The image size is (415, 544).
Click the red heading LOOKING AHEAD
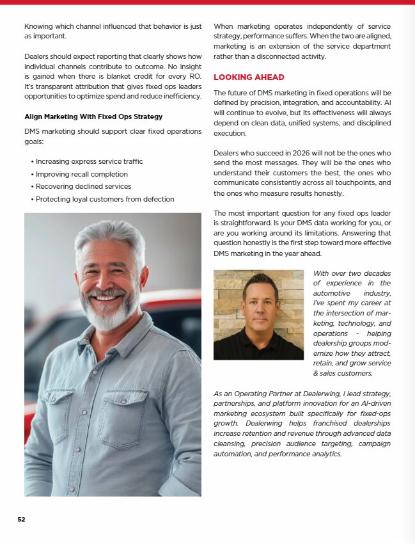click(x=249, y=77)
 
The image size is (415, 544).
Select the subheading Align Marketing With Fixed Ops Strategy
click(x=93, y=116)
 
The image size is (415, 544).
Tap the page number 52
click(x=21, y=519)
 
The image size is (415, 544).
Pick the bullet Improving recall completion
click(x=81, y=174)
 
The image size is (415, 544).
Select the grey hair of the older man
click(x=110, y=237)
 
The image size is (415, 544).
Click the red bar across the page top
click(x=207, y=2)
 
